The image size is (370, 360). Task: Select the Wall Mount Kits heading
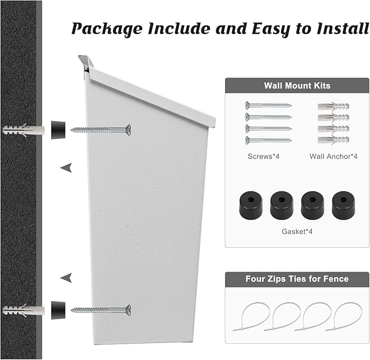(x=297, y=86)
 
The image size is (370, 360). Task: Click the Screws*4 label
(x=263, y=157)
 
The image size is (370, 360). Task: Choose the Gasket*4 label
(x=297, y=231)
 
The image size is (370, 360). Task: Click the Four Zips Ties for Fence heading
(x=297, y=279)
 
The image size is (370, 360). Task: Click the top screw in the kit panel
(x=268, y=105)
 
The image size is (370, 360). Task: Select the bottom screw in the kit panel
(x=268, y=140)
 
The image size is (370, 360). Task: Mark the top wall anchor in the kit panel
(x=333, y=106)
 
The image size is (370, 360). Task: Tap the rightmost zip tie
(x=343, y=317)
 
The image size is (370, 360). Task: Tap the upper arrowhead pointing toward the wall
(x=66, y=168)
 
